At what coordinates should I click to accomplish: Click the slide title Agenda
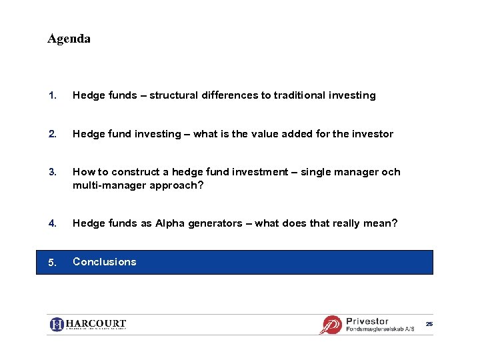tap(69, 39)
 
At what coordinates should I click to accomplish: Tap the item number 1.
tap(51, 95)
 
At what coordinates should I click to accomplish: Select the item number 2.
tap(51, 134)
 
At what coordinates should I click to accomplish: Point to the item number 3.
tap(51, 172)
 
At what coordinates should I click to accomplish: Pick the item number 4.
tap(51, 223)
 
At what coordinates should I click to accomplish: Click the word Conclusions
tap(104, 262)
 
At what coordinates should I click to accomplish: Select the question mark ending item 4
tap(395, 223)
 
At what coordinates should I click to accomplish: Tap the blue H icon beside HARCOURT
tap(57, 325)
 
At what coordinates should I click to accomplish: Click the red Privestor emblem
tap(331, 325)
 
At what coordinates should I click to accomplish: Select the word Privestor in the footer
tap(367, 321)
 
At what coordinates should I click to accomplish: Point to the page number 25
tap(429, 324)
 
